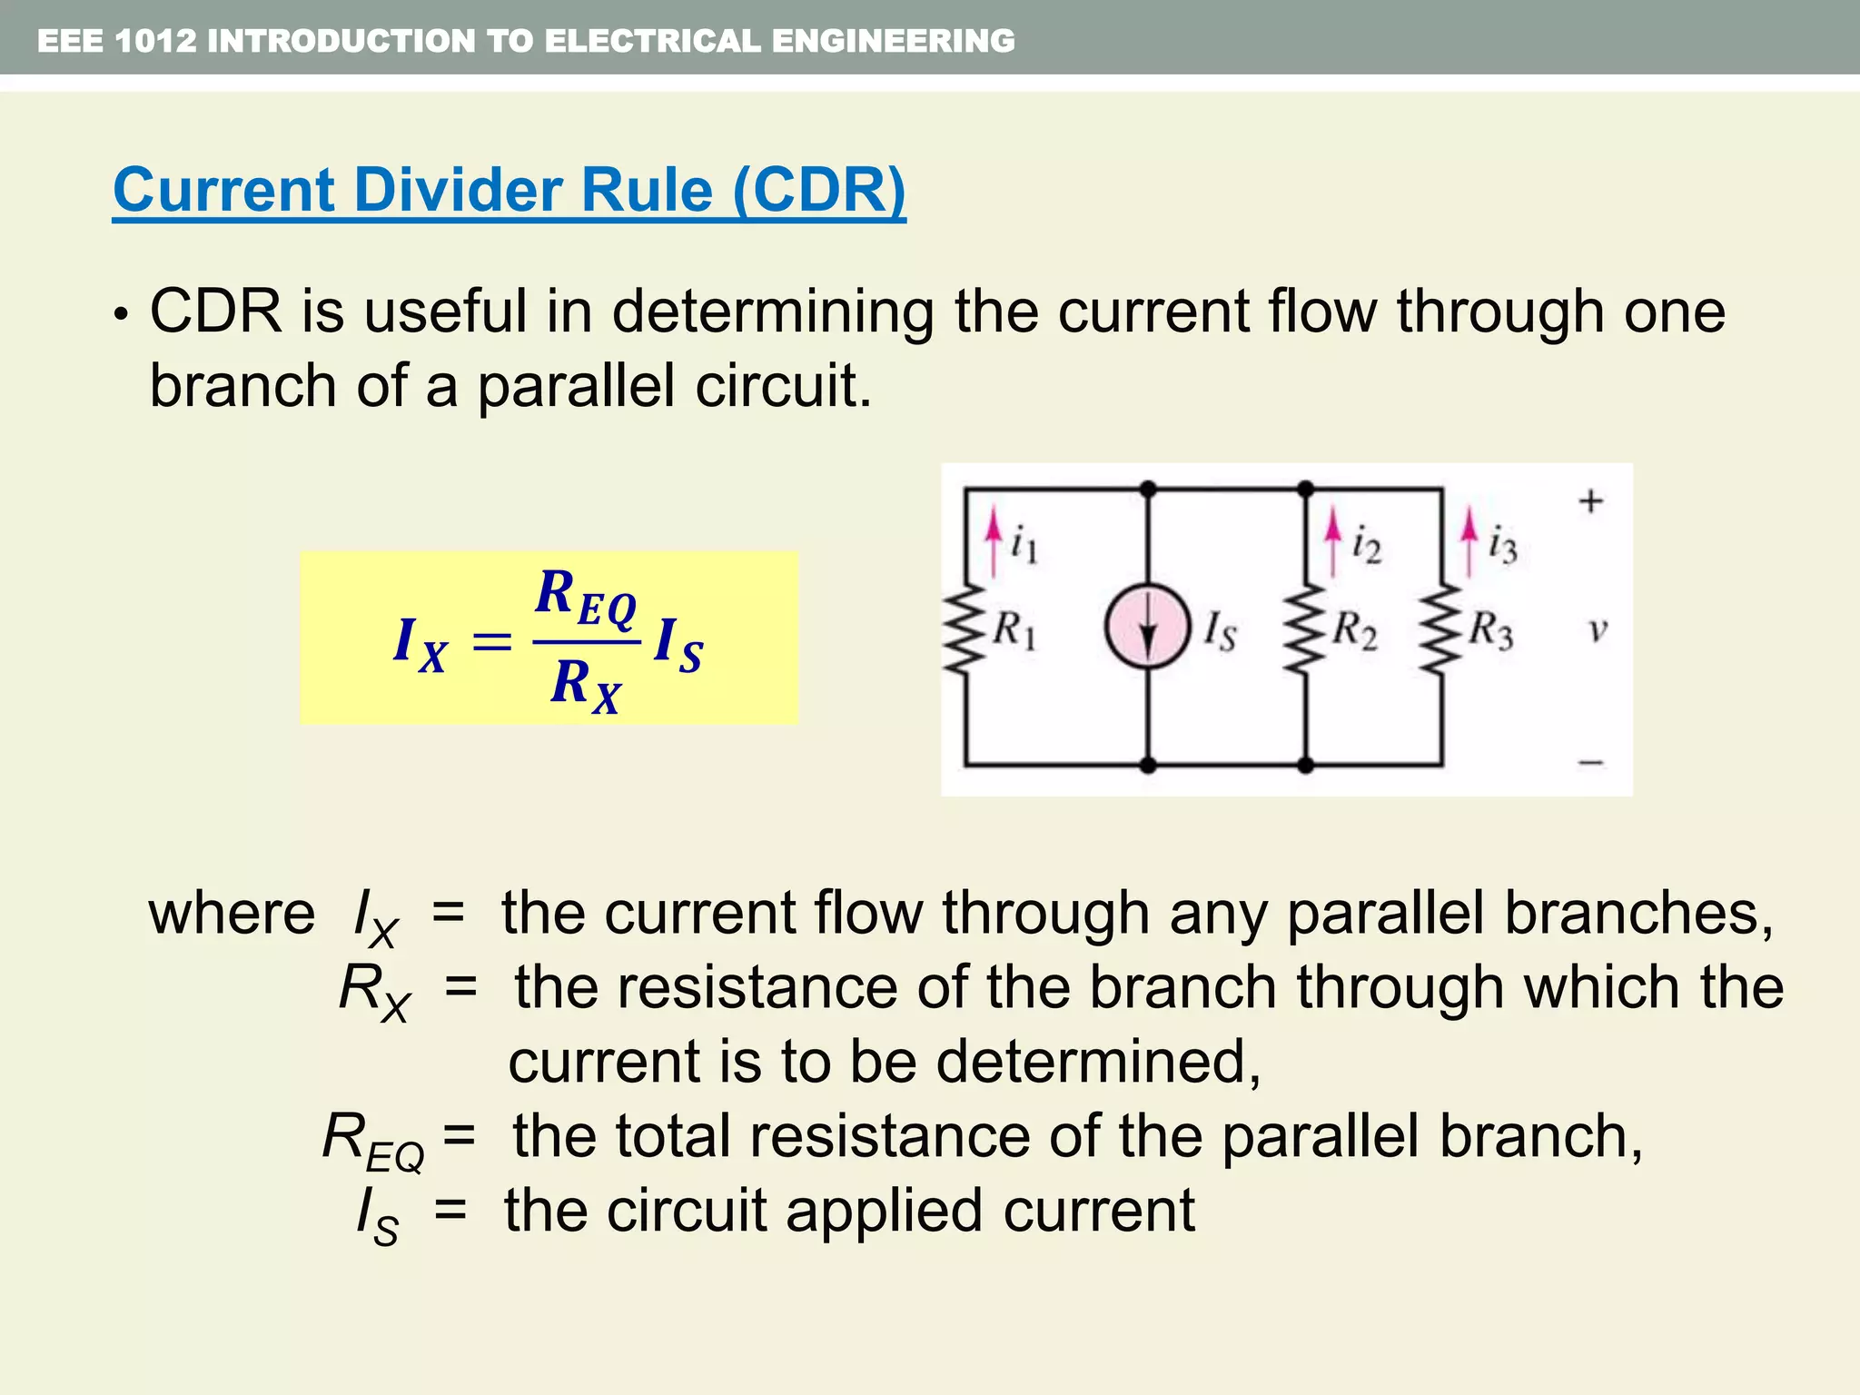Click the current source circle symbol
tap(1148, 628)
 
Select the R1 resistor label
tap(1014, 629)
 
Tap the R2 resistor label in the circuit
tap(1355, 629)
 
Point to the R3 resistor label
tap(1491, 629)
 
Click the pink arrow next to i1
tap(994, 542)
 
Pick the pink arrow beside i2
tap(1332, 542)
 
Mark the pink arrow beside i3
tap(1469, 542)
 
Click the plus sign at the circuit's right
tap(1590, 500)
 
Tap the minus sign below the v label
tap(1590, 763)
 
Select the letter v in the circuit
tap(1598, 628)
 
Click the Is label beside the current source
tap(1220, 630)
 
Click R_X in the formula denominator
tap(585, 685)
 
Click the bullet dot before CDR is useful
tap(120, 315)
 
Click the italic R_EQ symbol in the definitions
tap(372, 1140)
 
